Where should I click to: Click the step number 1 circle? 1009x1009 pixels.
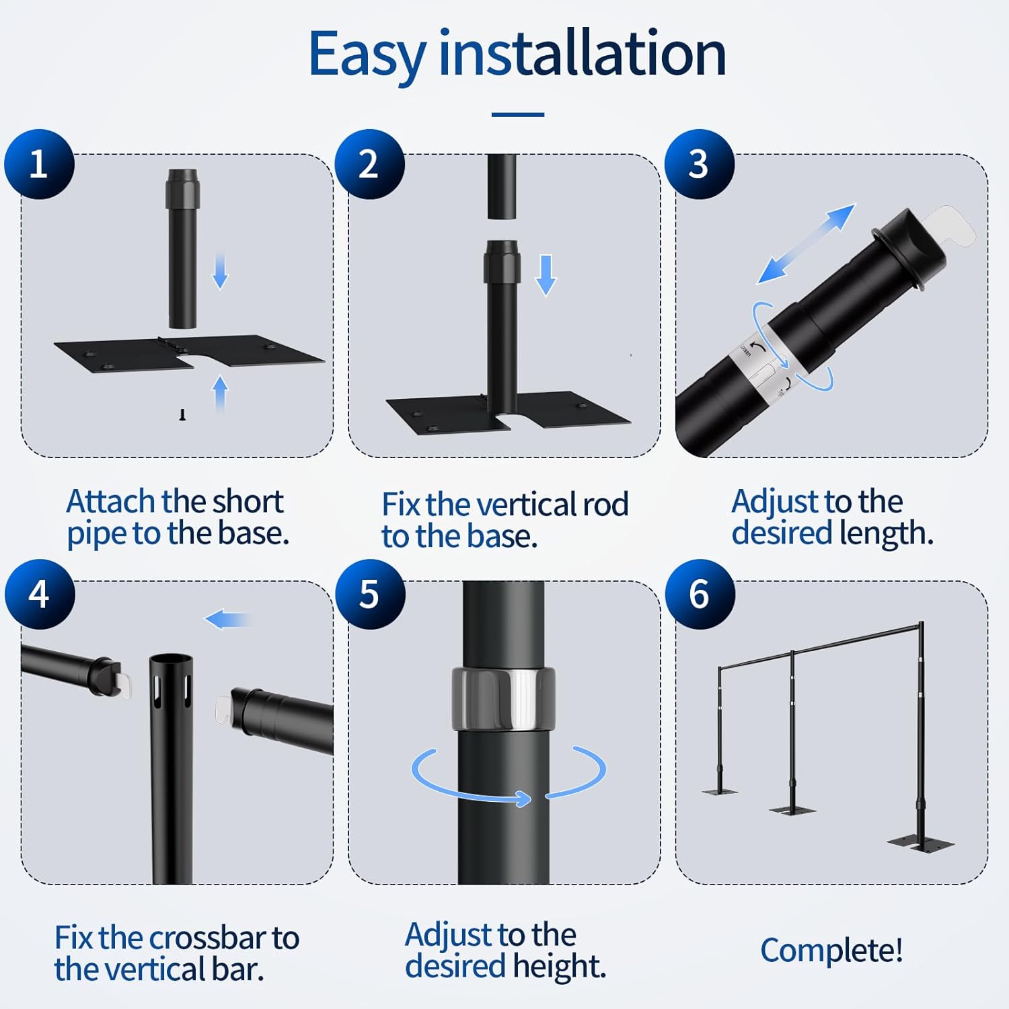pyautogui.click(x=39, y=164)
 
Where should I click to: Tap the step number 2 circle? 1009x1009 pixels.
pyautogui.click(x=369, y=164)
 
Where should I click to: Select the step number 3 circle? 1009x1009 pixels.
pyautogui.click(x=700, y=164)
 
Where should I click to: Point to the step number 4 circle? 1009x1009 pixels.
pyautogui.click(x=40, y=594)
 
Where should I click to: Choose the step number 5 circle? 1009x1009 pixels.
pyautogui.click(x=370, y=594)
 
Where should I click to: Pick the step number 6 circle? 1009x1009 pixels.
pyautogui.click(x=700, y=594)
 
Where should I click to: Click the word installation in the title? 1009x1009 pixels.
pyautogui.click(x=583, y=52)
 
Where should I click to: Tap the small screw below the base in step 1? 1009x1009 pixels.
pyautogui.click(x=182, y=415)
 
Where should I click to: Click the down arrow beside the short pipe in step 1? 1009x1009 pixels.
pyautogui.click(x=220, y=270)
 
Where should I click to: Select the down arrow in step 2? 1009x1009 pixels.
pyautogui.click(x=546, y=276)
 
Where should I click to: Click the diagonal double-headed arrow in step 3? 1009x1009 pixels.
pyautogui.click(x=806, y=244)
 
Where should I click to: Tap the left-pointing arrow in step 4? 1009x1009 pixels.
pyautogui.click(x=228, y=620)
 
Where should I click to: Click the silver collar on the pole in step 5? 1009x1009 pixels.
pyautogui.click(x=503, y=700)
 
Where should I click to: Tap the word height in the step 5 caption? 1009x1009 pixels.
pyautogui.click(x=559, y=967)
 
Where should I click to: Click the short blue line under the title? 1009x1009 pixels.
pyautogui.click(x=518, y=115)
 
